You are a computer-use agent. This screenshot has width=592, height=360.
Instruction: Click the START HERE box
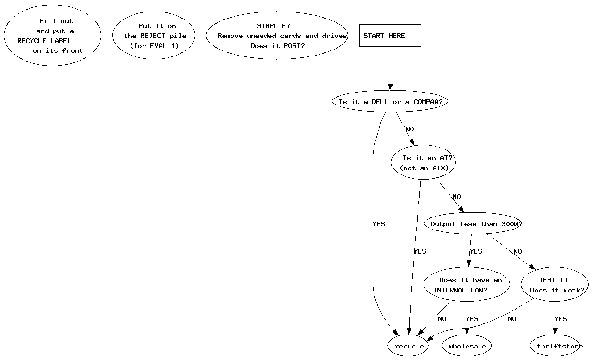coord(390,36)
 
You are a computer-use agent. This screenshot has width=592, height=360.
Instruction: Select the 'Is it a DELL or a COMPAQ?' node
coord(390,102)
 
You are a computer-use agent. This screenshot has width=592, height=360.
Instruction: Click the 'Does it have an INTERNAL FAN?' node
coord(467,285)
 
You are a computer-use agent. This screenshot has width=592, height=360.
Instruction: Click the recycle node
coord(409,346)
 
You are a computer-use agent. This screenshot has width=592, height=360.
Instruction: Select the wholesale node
coord(467,346)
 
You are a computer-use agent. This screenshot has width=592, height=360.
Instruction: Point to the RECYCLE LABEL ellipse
coord(52,36)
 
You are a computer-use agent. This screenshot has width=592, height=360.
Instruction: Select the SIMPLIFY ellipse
coord(277,36)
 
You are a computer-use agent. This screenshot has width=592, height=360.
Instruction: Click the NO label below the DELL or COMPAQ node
coord(410,130)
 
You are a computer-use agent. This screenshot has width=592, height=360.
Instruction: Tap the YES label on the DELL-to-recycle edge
coord(379,224)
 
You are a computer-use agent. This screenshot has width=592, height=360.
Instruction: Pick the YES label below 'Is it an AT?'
coord(420,251)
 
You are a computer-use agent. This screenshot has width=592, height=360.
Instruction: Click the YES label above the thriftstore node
coord(561,319)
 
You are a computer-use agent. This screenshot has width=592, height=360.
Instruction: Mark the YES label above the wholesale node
coord(472,319)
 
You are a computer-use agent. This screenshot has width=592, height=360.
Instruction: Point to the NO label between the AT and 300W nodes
coord(456,197)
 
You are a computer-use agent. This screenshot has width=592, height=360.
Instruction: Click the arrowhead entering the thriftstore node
coord(555,331)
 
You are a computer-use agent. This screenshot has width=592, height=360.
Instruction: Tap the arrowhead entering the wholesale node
coord(467,331)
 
